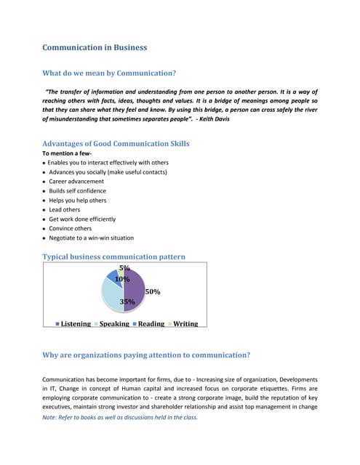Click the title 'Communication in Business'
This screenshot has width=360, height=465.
tap(95, 47)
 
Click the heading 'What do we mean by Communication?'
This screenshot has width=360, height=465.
tap(109, 73)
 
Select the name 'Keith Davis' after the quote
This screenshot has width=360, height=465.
tap(212, 118)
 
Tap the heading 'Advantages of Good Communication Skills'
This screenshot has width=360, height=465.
tap(116, 143)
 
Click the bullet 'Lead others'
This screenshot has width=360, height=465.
tap(65, 209)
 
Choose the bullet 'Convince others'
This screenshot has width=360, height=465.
tap(71, 228)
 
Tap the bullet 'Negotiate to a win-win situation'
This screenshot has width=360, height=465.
tap(91, 238)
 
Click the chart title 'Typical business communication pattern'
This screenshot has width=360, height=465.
tap(113, 256)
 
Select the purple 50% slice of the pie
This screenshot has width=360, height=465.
tap(134, 290)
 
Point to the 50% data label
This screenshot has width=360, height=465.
tap(153, 291)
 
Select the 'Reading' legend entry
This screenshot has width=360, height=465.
tap(151, 323)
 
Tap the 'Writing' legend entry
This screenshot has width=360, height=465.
tap(185, 323)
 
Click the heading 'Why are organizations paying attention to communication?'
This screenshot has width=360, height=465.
tap(146, 355)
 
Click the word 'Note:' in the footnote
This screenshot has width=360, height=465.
tap(51, 417)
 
